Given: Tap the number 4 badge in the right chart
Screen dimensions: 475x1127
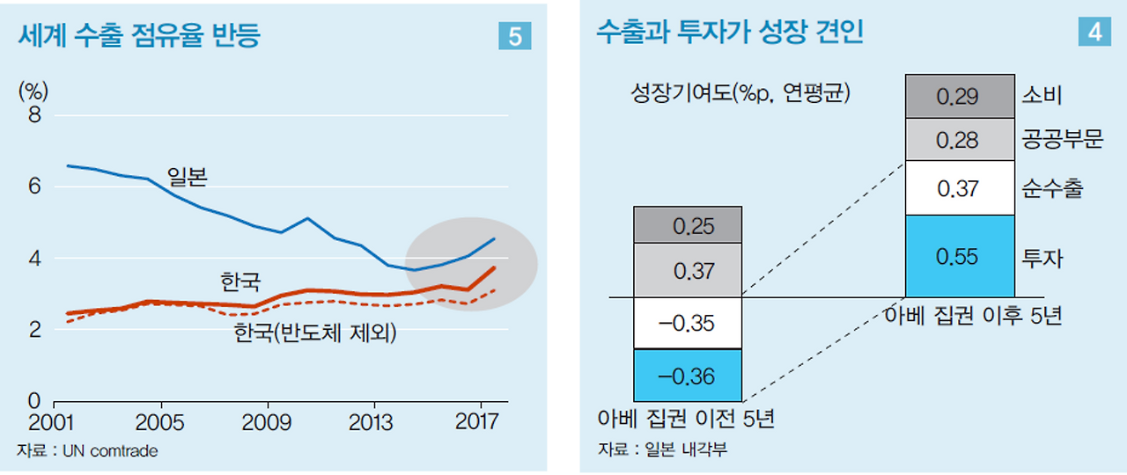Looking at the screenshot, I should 1094,32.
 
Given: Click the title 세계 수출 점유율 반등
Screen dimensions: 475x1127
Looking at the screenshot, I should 138,35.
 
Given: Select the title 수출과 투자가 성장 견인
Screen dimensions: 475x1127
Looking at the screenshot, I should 729,33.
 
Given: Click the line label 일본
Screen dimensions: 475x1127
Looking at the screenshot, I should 187,178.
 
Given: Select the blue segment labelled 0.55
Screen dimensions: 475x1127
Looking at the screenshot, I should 958,256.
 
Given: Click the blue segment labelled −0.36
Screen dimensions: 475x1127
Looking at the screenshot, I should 688,376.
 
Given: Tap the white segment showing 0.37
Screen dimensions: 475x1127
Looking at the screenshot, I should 958,187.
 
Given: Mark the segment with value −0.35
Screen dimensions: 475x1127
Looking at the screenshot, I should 688,323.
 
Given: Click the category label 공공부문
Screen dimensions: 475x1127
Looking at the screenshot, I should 1063,140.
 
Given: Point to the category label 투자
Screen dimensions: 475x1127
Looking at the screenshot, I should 1042,258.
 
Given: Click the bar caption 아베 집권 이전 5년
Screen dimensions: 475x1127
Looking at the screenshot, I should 686,418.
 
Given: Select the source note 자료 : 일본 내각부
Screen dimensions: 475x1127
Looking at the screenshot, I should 662,450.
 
